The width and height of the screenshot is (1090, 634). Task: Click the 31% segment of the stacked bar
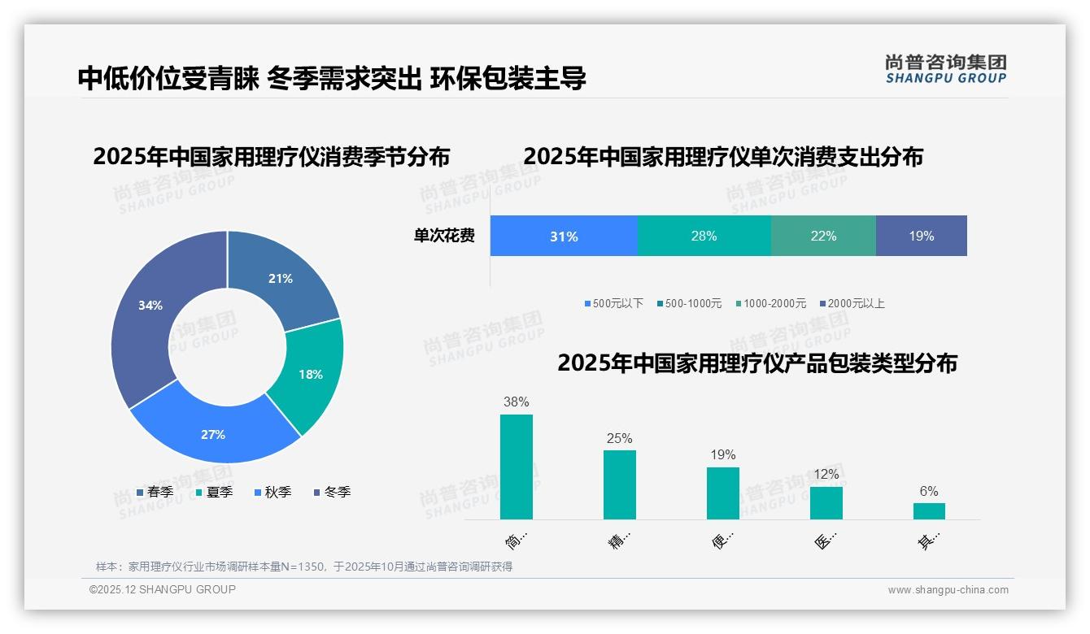[x=564, y=237]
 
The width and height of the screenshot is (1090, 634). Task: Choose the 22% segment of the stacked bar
[x=823, y=237]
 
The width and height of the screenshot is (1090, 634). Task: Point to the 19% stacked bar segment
[x=922, y=237]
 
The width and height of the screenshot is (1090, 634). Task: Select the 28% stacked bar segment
[x=704, y=237]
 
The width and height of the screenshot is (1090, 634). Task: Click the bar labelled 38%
[x=517, y=467]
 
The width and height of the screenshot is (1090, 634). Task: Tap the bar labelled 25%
[x=619, y=484]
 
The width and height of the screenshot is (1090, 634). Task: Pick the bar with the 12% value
[x=826, y=502]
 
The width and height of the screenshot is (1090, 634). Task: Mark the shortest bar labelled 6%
[x=929, y=510]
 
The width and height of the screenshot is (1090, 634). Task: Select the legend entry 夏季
[x=215, y=492]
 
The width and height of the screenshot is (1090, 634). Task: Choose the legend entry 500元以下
[x=614, y=303]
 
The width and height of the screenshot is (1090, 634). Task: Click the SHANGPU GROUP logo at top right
[x=945, y=68]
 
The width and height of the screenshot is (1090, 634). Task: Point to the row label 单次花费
[x=444, y=237]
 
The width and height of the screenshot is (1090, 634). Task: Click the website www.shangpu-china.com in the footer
[x=948, y=589]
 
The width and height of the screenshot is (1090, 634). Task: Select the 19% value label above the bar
[x=722, y=454]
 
